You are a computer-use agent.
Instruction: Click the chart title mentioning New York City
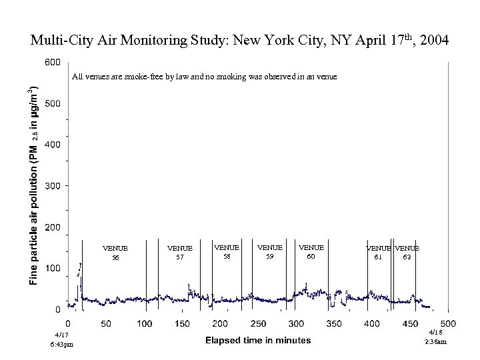tap(240, 41)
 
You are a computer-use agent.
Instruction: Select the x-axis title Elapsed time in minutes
tap(258, 340)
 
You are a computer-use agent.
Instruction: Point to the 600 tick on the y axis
tap(53, 62)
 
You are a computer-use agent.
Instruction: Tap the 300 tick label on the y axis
tap(53, 185)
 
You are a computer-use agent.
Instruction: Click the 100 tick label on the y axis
tap(53, 268)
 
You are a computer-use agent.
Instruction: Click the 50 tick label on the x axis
tap(106, 323)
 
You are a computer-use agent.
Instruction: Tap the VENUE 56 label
tap(115, 253)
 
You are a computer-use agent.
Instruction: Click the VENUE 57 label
tap(179, 253)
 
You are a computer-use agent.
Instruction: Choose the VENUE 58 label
tap(226, 251)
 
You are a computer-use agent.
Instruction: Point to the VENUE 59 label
tap(269, 251)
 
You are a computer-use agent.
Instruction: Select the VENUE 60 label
tap(311, 251)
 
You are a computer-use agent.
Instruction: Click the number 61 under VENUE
tap(378, 257)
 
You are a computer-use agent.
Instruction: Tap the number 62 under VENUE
tap(406, 257)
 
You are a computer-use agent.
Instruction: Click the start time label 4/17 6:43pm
tap(62, 339)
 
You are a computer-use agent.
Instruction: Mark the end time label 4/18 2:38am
tap(435, 337)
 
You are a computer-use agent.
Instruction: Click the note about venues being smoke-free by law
tap(204, 77)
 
